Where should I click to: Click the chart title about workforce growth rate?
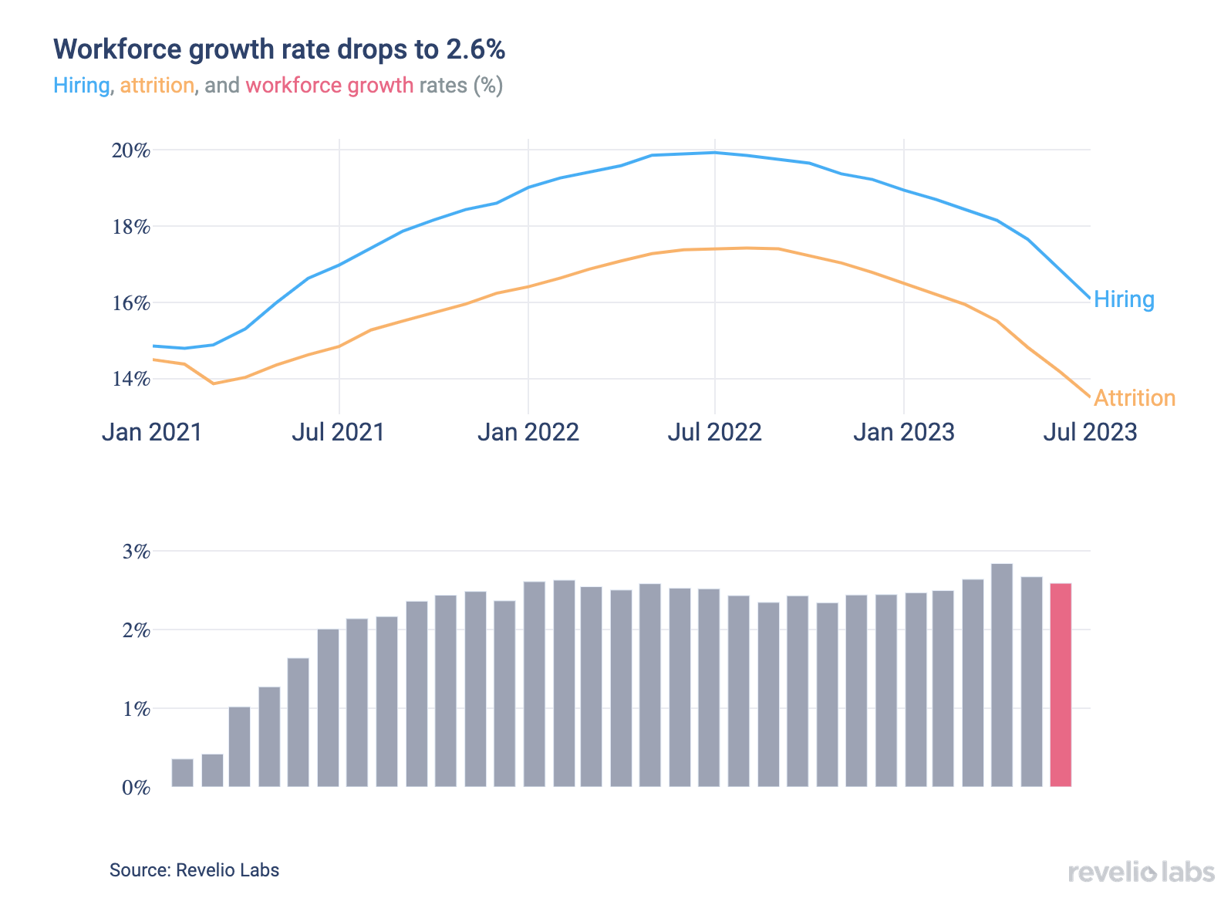[279, 49]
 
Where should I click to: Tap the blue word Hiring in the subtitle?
[81, 85]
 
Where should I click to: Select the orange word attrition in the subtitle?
[157, 85]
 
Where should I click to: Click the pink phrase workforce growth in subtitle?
[329, 85]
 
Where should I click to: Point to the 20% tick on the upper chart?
[131, 150]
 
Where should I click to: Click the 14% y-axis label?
[131, 379]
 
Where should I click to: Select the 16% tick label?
[131, 303]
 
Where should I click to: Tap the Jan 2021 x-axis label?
[152, 432]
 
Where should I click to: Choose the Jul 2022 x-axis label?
[714, 432]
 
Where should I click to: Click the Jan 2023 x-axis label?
[903, 432]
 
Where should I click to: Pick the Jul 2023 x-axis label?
[1090, 432]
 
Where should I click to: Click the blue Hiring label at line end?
[1124, 299]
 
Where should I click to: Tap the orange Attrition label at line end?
[1135, 398]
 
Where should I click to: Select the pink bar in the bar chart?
[1061, 685]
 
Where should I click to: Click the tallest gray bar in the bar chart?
[1002, 675]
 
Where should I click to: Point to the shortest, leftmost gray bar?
[183, 773]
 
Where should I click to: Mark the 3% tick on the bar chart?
[136, 552]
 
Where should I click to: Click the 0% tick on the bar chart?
[136, 788]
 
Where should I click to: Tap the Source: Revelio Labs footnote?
[194, 870]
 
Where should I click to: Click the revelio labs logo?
[1141, 873]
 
